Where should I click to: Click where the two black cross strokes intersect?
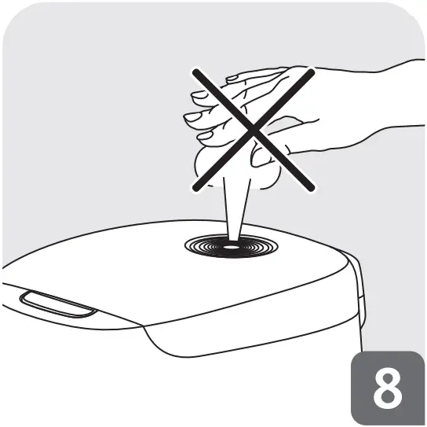[x=252, y=129]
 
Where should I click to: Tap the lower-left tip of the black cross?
[x=193, y=189]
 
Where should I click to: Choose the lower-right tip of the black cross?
[x=313, y=189]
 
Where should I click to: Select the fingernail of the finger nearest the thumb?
[x=205, y=138]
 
